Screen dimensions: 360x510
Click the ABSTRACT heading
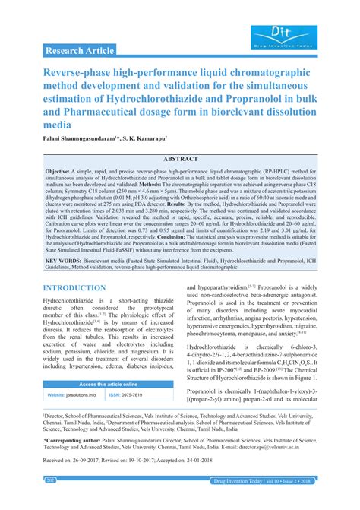point(180,159)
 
